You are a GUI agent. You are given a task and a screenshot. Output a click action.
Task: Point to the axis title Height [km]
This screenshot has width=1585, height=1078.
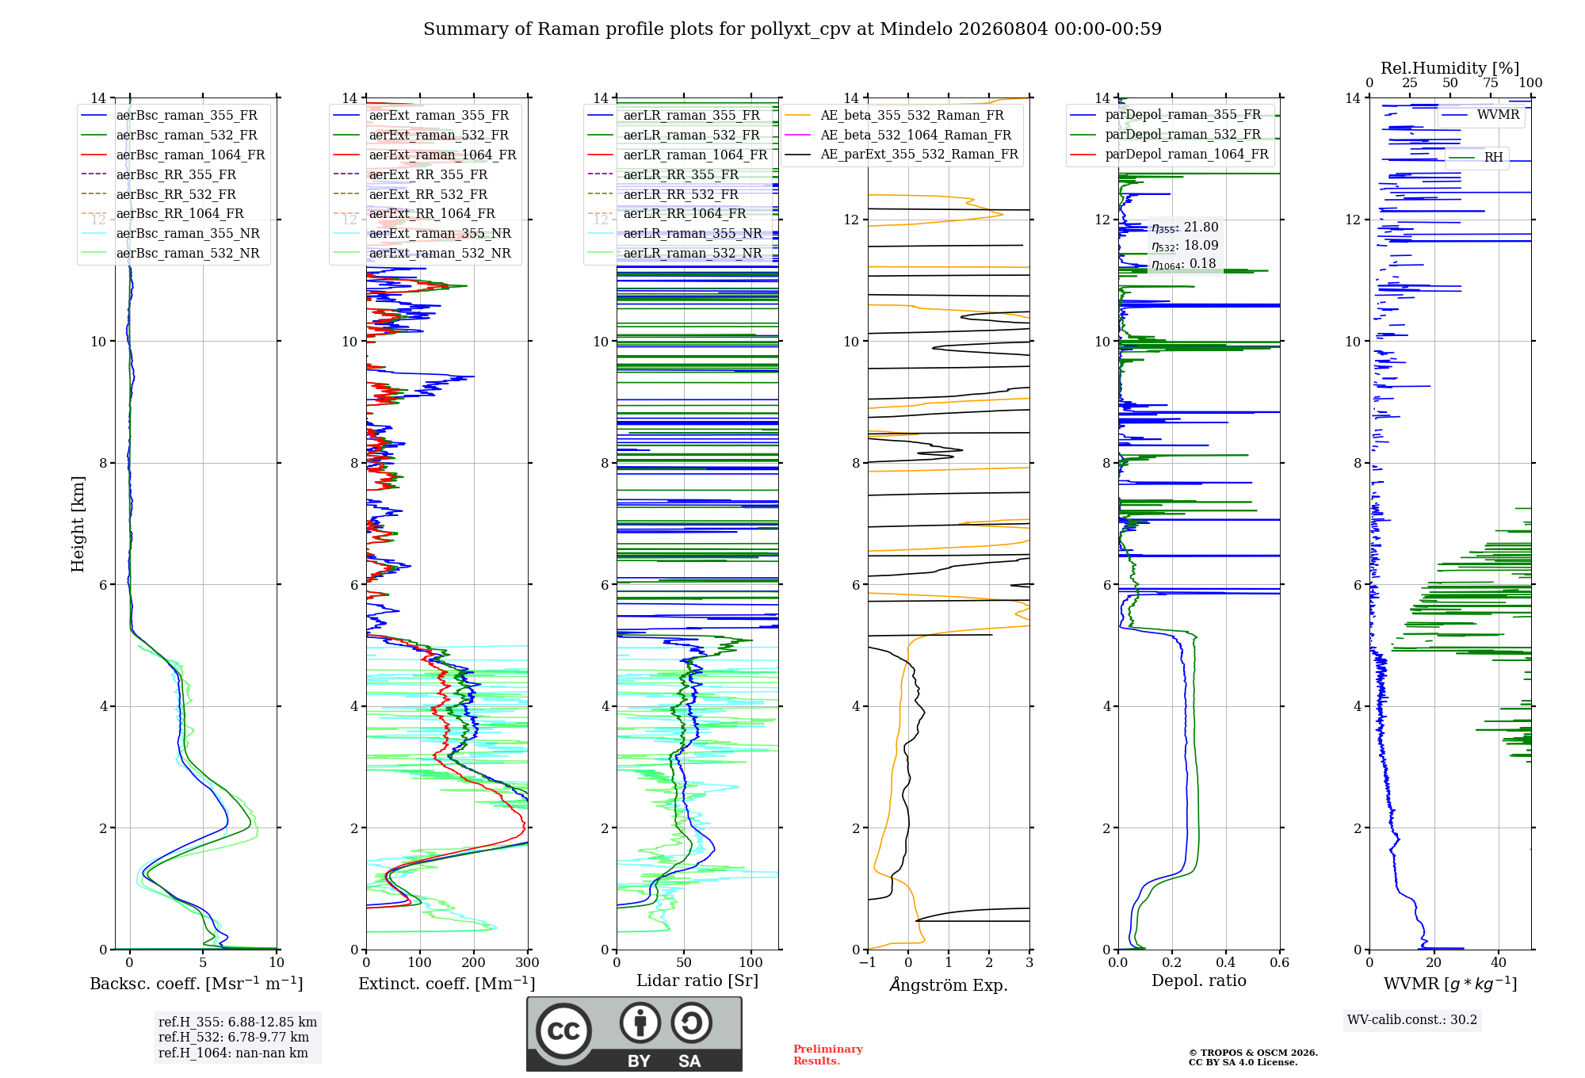(78, 524)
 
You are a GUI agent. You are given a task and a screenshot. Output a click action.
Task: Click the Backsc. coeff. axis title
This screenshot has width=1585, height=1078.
(197, 984)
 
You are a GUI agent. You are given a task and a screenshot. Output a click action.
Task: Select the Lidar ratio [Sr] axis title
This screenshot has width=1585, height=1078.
(697, 981)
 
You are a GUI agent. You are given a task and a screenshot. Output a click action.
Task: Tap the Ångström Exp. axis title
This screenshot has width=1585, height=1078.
(949, 984)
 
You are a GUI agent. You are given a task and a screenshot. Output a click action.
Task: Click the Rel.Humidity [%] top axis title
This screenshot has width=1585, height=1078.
(1450, 68)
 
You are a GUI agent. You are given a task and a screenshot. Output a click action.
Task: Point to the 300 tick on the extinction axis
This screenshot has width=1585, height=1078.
(528, 962)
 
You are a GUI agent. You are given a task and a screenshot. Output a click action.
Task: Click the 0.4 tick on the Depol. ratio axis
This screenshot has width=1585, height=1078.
(1226, 962)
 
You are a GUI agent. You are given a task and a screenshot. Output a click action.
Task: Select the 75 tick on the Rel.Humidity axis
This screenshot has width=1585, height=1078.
(1491, 82)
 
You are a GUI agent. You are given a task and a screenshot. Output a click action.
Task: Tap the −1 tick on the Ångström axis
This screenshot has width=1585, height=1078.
(868, 962)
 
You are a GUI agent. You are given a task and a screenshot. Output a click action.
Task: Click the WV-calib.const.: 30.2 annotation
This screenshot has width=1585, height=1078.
(1412, 1019)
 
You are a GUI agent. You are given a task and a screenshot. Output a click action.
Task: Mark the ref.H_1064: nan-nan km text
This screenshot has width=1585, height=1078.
(233, 1053)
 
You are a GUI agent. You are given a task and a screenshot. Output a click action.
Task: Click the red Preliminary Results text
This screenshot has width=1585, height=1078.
(828, 1055)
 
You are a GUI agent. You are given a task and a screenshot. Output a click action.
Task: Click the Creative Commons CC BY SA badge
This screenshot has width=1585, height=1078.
(634, 1034)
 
